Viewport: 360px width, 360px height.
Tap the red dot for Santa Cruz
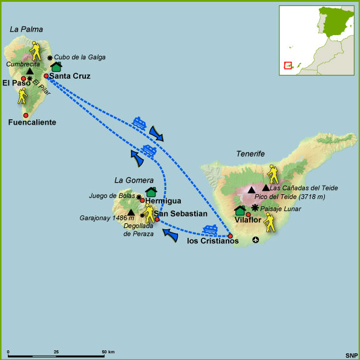click(46, 76)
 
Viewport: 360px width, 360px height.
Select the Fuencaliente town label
click(33, 122)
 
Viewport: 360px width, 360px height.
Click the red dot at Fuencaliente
click(25, 115)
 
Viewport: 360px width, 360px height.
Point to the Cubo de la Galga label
click(79, 57)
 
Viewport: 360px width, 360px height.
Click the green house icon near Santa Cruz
click(56, 67)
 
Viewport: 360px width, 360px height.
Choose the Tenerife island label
click(250, 154)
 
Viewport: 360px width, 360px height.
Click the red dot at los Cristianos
click(230, 235)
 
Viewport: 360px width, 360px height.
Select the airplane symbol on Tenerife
click(256, 240)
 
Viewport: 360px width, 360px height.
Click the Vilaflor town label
click(247, 220)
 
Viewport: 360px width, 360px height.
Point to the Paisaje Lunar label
click(281, 209)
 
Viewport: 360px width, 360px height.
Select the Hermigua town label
click(163, 201)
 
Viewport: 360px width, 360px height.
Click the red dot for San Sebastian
click(157, 219)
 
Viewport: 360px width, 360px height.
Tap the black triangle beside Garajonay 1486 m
click(131, 212)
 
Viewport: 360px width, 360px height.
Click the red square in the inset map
click(288, 65)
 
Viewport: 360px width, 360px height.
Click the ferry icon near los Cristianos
click(210, 229)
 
